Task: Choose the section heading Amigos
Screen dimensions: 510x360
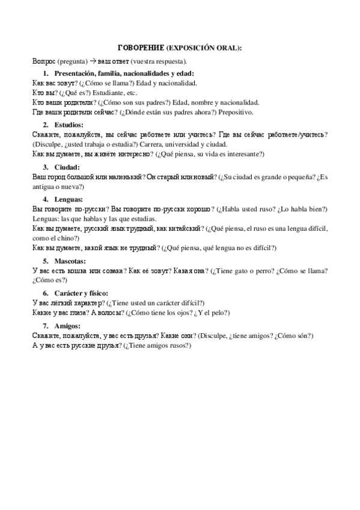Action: [67, 325]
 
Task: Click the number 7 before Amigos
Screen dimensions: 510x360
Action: [44, 325]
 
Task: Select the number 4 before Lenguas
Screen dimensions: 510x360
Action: [44, 198]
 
